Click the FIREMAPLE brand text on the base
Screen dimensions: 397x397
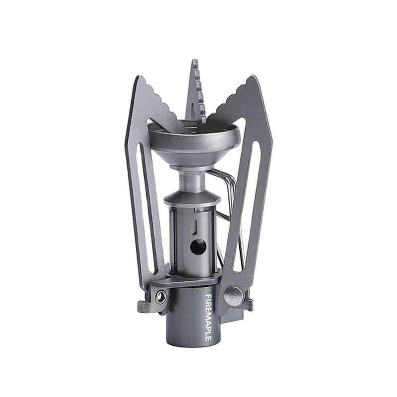208,317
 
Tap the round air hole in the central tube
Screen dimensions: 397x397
198,246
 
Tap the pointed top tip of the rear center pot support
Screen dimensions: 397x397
195,60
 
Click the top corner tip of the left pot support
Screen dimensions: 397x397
137,76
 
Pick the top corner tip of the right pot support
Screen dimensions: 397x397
253,76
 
